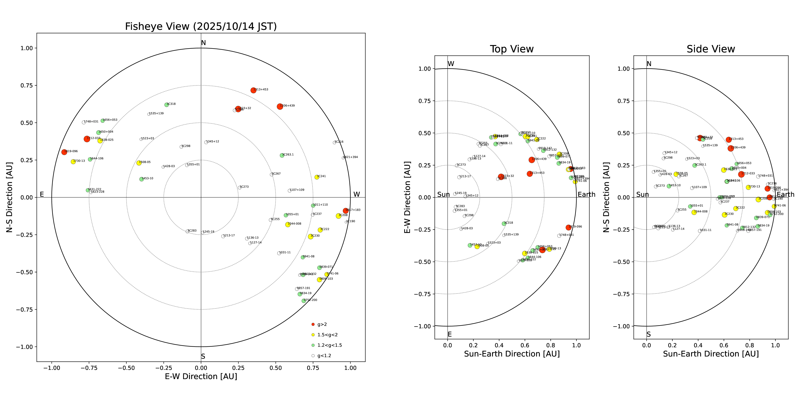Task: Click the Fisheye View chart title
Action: pyautogui.click(x=201, y=26)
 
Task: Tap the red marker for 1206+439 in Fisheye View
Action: pyautogui.click(x=280, y=107)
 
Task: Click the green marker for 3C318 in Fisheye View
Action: pyautogui.click(x=167, y=105)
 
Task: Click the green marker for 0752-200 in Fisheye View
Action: pyautogui.click(x=304, y=301)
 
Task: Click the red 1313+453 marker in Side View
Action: pyautogui.click(x=728, y=140)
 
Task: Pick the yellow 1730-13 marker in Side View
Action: pyautogui.click(x=748, y=187)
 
